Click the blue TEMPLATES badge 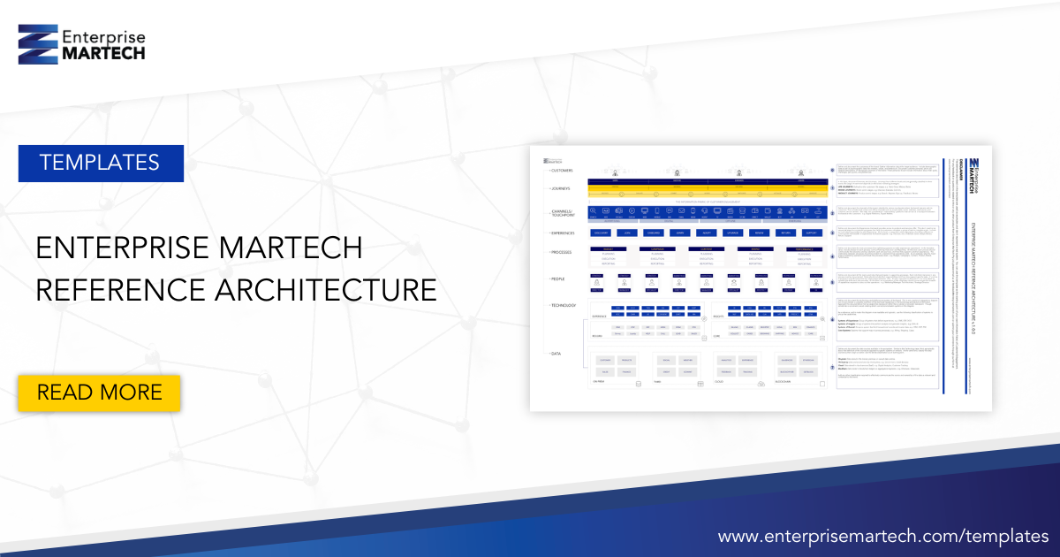100,164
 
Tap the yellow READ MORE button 99,393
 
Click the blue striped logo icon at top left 37,44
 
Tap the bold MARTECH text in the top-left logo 103,53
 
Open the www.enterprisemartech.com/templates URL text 882,537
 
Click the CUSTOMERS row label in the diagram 562,171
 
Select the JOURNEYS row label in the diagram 561,188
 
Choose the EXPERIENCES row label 562,233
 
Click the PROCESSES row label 562,252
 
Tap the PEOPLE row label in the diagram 559,278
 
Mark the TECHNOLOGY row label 563,305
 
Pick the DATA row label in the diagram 556,354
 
